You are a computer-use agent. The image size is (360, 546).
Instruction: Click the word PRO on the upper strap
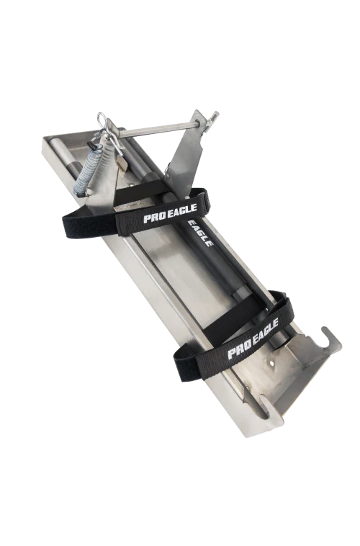click(154, 216)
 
